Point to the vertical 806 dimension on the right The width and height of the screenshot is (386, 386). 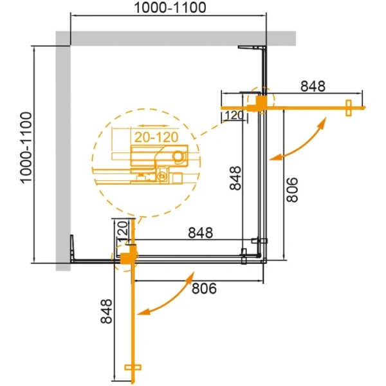tap(293, 191)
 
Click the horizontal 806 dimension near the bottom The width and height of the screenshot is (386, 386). tap(203, 288)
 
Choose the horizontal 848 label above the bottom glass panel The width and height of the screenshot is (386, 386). tap(201, 232)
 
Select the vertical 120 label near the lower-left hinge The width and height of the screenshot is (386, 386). tap(120, 229)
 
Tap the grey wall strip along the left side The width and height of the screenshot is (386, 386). tap(63, 154)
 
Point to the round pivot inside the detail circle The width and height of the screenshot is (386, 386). tap(178, 154)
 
